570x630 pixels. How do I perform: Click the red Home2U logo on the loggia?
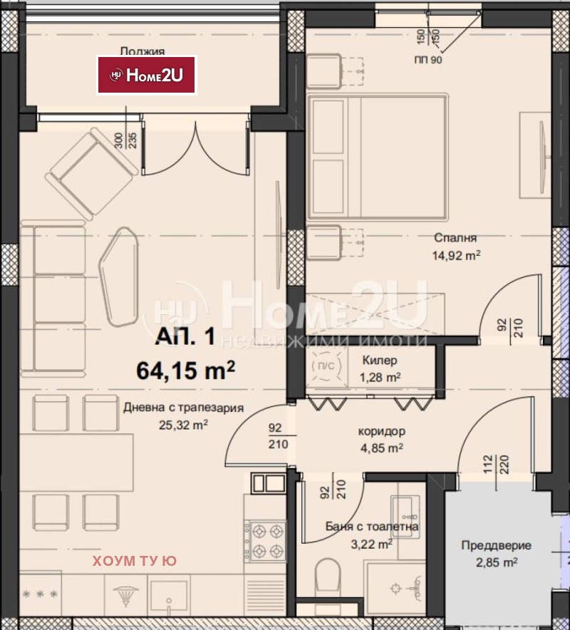coord(147,75)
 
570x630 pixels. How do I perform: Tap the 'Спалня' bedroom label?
coord(455,238)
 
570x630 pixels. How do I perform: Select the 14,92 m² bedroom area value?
coord(456,255)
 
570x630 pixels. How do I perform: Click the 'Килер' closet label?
coord(380,361)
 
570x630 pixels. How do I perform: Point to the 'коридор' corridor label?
coord(382,431)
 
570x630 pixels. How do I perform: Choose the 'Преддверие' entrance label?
coord(496,545)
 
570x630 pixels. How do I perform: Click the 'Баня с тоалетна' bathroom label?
coord(371,527)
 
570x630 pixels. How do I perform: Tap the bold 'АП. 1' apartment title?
coord(185,336)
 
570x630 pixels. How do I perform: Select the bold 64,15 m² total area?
coord(185,370)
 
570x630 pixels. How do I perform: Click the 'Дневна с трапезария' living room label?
coord(184,408)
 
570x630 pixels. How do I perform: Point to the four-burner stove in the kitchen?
coord(265,541)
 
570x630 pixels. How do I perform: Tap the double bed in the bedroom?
coord(377,157)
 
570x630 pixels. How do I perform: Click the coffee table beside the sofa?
coord(119,277)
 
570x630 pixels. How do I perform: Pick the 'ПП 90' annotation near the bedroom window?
coord(427,60)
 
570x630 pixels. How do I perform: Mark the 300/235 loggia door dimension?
coord(125,140)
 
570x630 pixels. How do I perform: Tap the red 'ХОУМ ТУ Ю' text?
coord(135,561)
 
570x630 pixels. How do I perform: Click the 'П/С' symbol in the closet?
coord(323,366)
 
